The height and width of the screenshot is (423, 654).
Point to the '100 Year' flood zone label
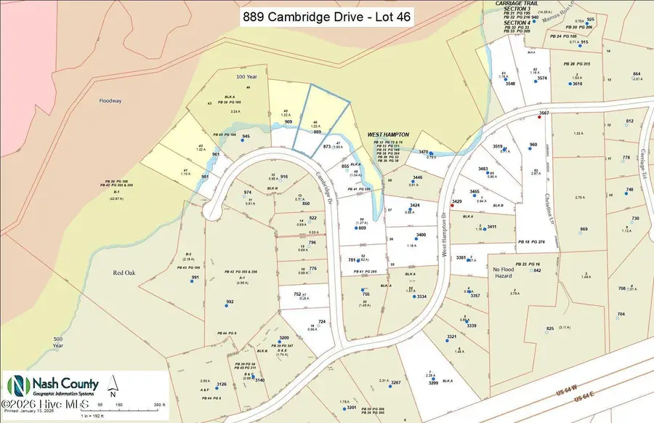tap(226, 76)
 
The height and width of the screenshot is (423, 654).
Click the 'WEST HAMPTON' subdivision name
tap(388, 134)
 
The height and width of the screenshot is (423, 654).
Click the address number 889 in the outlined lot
tap(317, 132)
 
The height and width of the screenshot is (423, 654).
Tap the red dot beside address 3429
tap(453, 206)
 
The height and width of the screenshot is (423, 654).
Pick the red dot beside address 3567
tap(538, 116)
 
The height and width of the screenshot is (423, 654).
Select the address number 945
tap(246, 137)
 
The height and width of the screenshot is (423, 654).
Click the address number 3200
tap(284, 338)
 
